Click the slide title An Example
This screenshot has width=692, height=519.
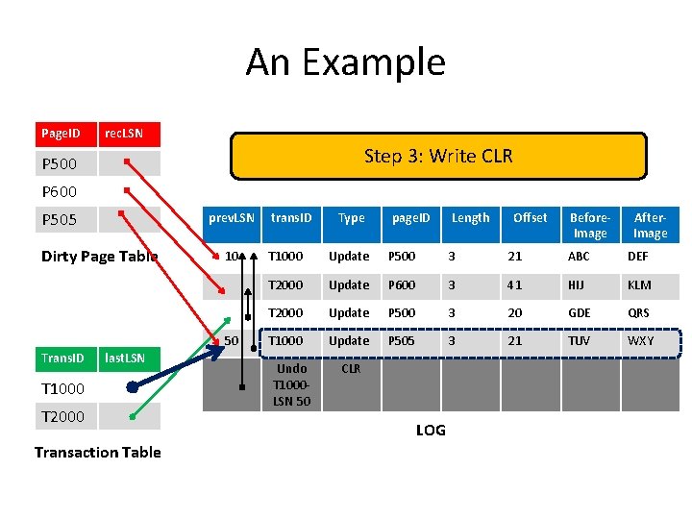[345, 62]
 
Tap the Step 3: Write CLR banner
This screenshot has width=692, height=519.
[438, 156]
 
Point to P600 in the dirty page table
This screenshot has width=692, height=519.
[60, 191]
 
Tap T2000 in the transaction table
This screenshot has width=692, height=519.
[62, 416]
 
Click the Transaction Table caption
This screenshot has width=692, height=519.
[97, 452]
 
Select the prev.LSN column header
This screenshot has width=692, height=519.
[232, 218]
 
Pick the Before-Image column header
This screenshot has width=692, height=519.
[589, 225]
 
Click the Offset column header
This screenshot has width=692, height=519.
[530, 218]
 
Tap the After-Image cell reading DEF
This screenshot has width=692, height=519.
[639, 257]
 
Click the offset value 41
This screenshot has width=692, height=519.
[515, 284]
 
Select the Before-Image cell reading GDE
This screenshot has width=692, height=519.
[581, 312]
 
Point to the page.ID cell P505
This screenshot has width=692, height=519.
[402, 340]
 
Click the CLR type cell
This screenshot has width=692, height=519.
[351, 368]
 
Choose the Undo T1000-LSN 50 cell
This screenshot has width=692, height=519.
[291, 383]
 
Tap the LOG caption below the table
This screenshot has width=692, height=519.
[431, 430]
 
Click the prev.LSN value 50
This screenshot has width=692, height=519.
[232, 340]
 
